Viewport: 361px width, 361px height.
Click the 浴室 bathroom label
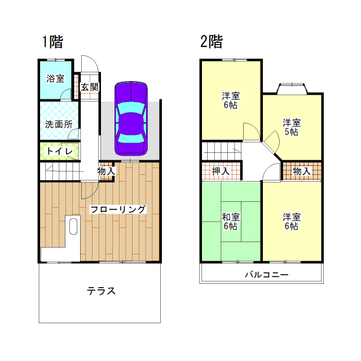pos(55,78)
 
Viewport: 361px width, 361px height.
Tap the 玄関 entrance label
pos(90,87)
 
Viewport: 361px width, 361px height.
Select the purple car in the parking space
pos(131,118)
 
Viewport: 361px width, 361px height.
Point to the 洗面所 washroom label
pos(59,124)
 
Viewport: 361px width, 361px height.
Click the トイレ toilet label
pos(60,151)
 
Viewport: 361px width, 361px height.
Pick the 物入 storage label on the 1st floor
pos(106,171)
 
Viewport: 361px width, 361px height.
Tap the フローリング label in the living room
pos(118,209)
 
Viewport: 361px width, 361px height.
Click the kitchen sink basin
pos(73,226)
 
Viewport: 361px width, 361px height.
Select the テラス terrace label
pos(101,291)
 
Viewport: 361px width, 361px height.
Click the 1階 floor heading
pos(52,42)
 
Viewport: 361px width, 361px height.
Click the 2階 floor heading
pos(212,42)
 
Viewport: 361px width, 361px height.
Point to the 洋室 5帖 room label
pos(292,127)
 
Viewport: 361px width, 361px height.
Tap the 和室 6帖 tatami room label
pos(231,222)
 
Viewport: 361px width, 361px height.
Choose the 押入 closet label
pos(221,171)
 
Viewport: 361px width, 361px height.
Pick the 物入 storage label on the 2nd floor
pos(302,171)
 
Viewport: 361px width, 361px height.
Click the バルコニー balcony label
pos(267,275)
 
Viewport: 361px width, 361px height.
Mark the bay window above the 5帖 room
pos(292,89)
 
